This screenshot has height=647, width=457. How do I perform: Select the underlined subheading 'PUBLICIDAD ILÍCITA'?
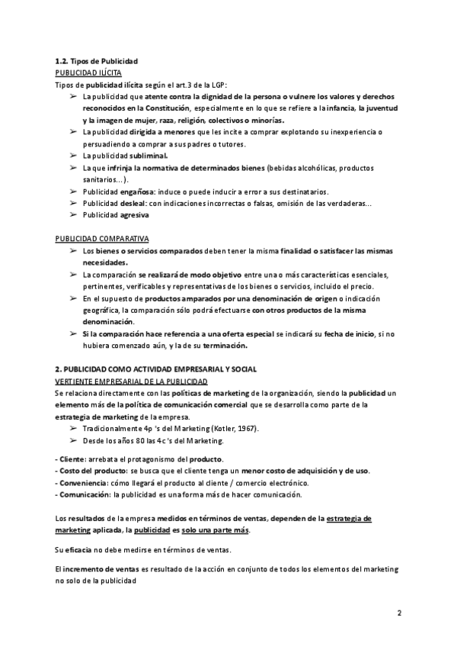pos(83,72)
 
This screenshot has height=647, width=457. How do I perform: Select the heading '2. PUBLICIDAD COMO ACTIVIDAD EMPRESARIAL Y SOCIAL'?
pos(156,369)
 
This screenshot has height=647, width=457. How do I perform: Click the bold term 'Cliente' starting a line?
pos(73,459)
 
